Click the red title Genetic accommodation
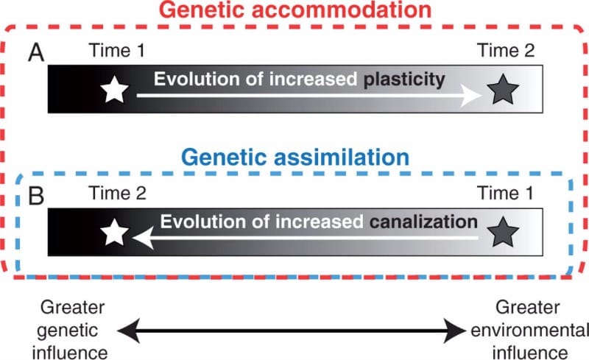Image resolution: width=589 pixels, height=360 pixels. tap(294, 11)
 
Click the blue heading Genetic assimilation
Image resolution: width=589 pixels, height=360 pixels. tap(294, 157)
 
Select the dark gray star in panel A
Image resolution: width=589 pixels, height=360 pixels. tap(504, 90)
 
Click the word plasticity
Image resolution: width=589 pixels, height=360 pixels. tap(406, 80)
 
